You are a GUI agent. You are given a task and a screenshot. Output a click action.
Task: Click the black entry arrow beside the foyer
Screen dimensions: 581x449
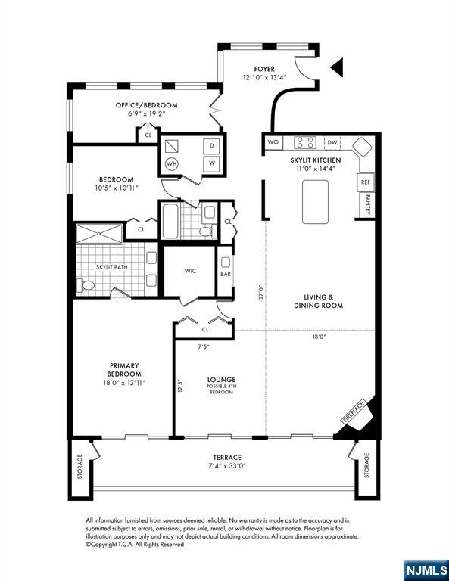tap(337, 68)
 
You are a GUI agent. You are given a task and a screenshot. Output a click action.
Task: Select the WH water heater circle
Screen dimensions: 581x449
tap(172, 163)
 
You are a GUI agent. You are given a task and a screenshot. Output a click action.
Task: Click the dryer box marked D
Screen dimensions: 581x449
tap(212, 146)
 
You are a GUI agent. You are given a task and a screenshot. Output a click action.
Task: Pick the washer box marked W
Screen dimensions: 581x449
tap(212, 163)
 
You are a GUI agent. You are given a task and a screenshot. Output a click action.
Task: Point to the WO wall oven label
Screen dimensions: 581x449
tap(273, 142)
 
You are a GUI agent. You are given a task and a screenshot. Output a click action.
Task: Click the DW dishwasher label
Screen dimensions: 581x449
tap(332, 142)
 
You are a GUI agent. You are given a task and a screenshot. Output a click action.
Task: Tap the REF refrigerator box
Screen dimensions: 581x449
tap(366, 182)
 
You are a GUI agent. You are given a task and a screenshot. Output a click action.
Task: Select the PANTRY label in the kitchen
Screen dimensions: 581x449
tap(367, 206)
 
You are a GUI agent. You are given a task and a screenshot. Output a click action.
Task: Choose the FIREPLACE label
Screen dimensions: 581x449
tap(354, 411)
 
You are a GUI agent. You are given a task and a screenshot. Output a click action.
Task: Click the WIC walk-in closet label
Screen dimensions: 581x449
tap(191, 272)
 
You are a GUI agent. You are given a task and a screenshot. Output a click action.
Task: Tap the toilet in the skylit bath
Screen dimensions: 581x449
tap(85, 285)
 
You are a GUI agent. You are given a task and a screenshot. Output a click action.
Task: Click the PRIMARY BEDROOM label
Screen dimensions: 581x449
tap(123, 370)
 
